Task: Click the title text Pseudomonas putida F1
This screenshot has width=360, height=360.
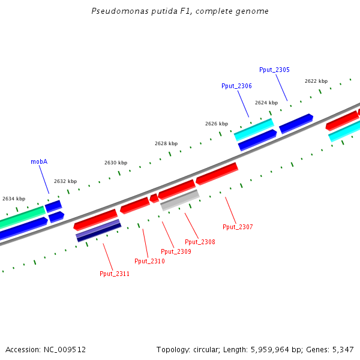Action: [x=180, y=11]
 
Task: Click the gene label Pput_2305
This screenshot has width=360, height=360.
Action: [x=274, y=70]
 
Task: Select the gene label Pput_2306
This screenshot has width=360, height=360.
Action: [x=236, y=86]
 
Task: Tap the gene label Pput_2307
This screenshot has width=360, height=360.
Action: [x=238, y=227]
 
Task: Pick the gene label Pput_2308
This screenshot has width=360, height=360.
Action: [x=200, y=242]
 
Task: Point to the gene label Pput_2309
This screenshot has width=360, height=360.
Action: [x=176, y=251]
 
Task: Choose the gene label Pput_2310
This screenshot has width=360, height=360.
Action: [x=149, y=261]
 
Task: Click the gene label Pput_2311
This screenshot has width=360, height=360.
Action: [x=115, y=274]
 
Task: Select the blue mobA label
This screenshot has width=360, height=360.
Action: [x=39, y=162]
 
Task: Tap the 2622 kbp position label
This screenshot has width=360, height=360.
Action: [x=316, y=81]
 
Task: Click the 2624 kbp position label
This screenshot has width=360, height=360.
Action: [x=266, y=103]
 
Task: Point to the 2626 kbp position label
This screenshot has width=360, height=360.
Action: [x=217, y=124]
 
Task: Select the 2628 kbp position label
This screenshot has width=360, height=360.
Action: [x=166, y=143]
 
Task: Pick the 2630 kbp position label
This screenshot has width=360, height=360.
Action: [x=116, y=163]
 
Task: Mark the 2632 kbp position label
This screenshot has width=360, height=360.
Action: [x=65, y=181]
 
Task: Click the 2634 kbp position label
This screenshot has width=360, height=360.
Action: [x=14, y=199]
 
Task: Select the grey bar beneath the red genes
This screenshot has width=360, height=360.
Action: [x=180, y=200]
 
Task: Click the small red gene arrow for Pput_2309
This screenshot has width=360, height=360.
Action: [x=154, y=198]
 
